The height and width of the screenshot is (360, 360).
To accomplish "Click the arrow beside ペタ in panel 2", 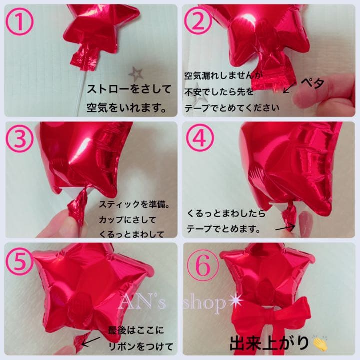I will click(288, 89).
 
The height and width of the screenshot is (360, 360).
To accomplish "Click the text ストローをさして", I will click(129, 90).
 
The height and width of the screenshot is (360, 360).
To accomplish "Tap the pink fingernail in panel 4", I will click(305, 221).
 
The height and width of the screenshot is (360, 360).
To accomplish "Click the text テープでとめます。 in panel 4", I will click(223, 230).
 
